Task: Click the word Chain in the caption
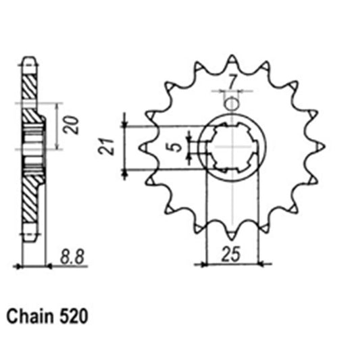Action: click(x=29, y=316)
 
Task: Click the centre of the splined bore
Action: click(x=232, y=147)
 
